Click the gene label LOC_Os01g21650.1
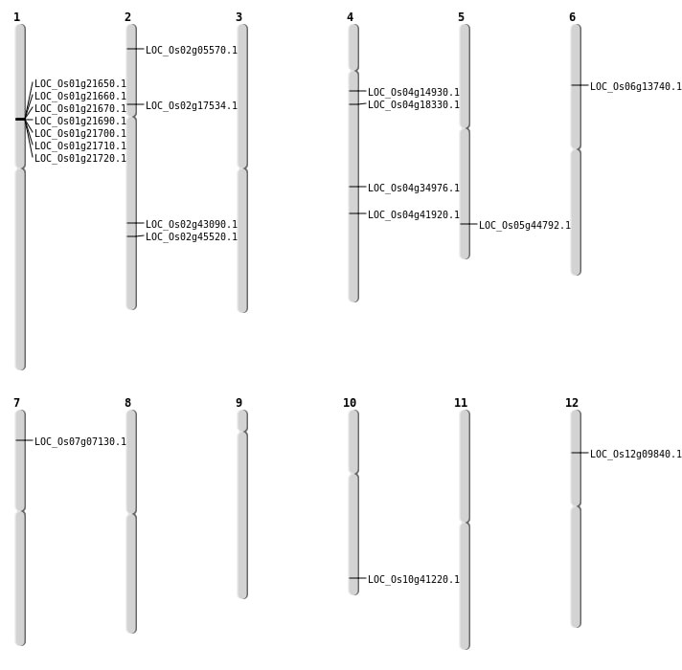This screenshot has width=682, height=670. [80, 84]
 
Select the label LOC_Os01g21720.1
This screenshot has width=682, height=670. [80, 159]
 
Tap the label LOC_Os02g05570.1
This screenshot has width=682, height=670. [192, 51]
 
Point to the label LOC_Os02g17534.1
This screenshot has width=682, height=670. [192, 106]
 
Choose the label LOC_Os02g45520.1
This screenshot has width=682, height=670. [192, 237]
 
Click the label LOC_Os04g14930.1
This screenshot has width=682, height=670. [414, 93]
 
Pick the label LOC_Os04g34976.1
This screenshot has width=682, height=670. [414, 189]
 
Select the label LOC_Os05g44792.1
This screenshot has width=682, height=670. [525, 226]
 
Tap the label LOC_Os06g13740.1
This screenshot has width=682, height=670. [636, 87]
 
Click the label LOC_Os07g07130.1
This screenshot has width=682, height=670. [80, 442]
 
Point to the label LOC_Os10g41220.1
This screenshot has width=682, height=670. [414, 580]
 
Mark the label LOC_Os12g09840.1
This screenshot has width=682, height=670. [636, 455]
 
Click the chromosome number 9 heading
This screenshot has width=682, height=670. [239, 403]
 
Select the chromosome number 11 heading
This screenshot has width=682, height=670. [461, 403]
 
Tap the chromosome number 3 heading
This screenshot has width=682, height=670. [239, 17]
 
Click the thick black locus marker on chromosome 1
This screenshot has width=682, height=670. [20, 119]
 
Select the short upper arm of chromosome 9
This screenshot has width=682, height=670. [242, 420]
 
